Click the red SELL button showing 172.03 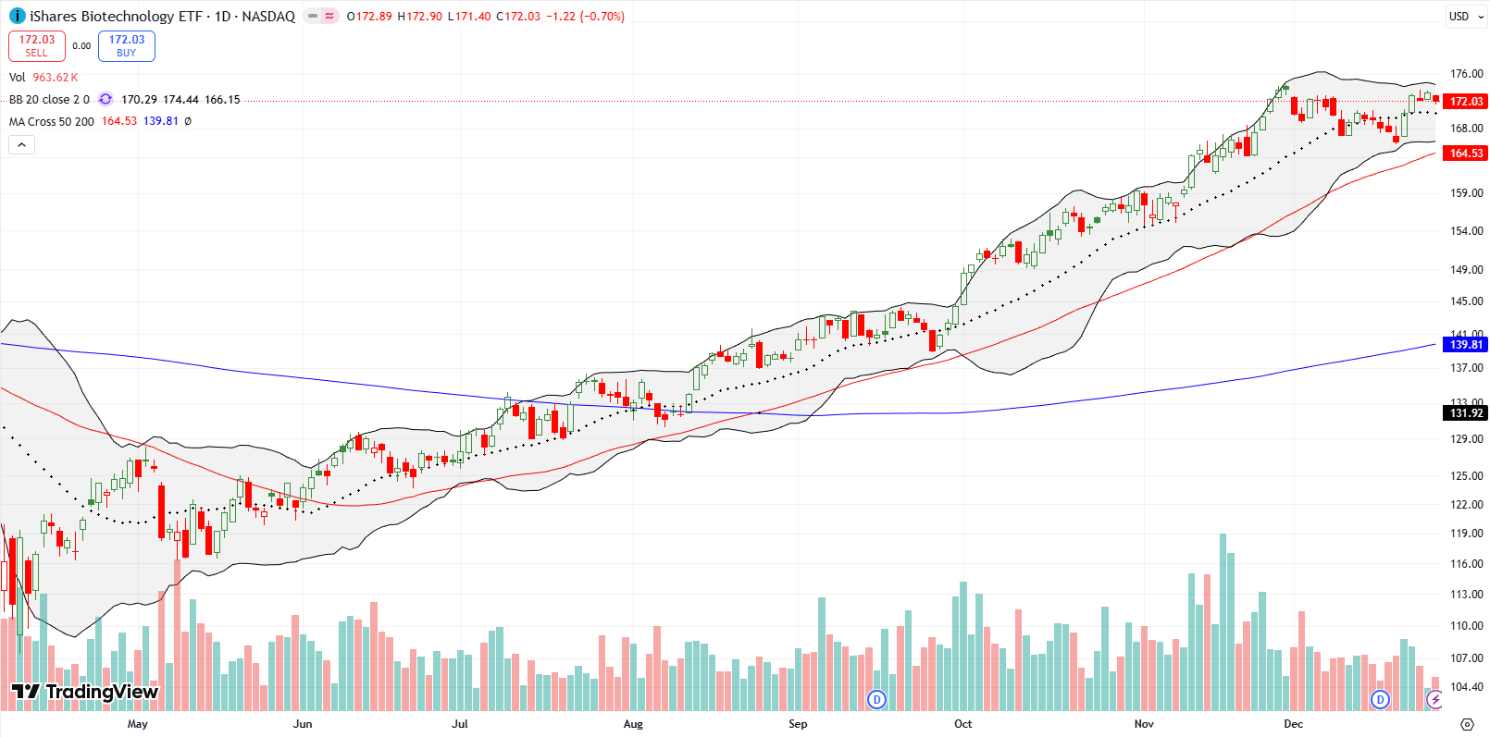click(x=37, y=46)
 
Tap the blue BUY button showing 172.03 click(x=127, y=46)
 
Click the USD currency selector click(x=1459, y=17)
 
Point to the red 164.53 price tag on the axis click(x=1466, y=154)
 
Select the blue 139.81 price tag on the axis click(x=1466, y=345)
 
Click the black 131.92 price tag click(x=1466, y=413)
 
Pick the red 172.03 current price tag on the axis click(x=1466, y=102)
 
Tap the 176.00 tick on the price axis click(x=1466, y=74)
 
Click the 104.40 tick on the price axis click(x=1466, y=687)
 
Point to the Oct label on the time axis click(x=963, y=724)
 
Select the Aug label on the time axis click(x=633, y=724)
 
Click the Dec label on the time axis click(x=1293, y=724)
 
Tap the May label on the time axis click(x=137, y=724)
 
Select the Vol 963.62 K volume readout click(x=43, y=78)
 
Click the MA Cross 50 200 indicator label click(x=52, y=122)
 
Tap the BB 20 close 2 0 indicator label click(x=49, y=100)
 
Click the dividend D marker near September click(x=876, y=699)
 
